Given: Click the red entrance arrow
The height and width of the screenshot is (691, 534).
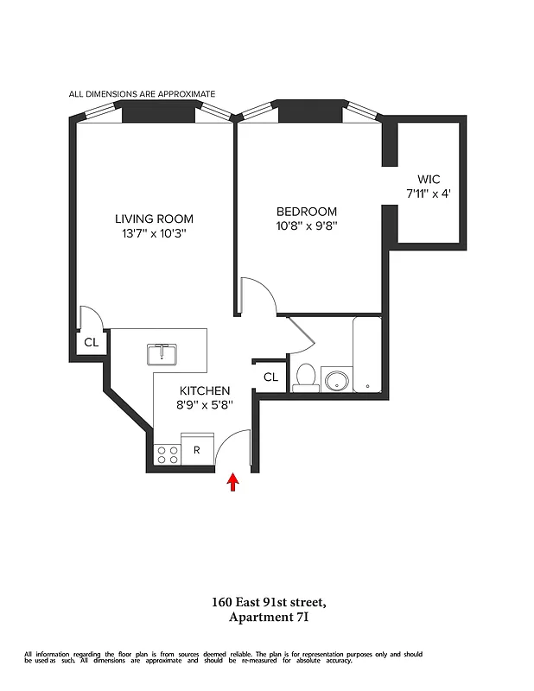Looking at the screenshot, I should pos(232,482).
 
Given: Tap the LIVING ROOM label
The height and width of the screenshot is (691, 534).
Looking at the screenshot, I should pos(155,219).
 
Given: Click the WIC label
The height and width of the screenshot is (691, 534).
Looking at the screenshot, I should pos(429,180).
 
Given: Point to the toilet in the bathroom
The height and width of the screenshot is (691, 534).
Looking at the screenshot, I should pos(305,377).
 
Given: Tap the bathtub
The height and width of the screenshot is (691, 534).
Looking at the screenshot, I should pos(368,354).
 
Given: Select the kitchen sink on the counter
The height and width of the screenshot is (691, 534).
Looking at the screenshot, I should pos(162,354).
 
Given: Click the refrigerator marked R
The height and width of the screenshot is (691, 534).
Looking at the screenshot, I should pos(197,450).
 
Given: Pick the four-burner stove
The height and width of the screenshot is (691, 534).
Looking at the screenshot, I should pos(167,453).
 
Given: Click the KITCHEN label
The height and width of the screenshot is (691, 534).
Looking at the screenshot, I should pos(205,390).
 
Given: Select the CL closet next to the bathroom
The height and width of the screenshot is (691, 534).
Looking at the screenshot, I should pos(270,377).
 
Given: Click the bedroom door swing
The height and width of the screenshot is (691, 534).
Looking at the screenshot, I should pos(257,297).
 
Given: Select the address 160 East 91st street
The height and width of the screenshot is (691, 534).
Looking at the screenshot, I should pos(268,603).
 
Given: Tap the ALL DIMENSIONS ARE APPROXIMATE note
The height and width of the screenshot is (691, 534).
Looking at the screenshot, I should pos(143,93).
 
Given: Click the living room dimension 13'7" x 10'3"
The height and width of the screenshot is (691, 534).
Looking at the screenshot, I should pos(155,234).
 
